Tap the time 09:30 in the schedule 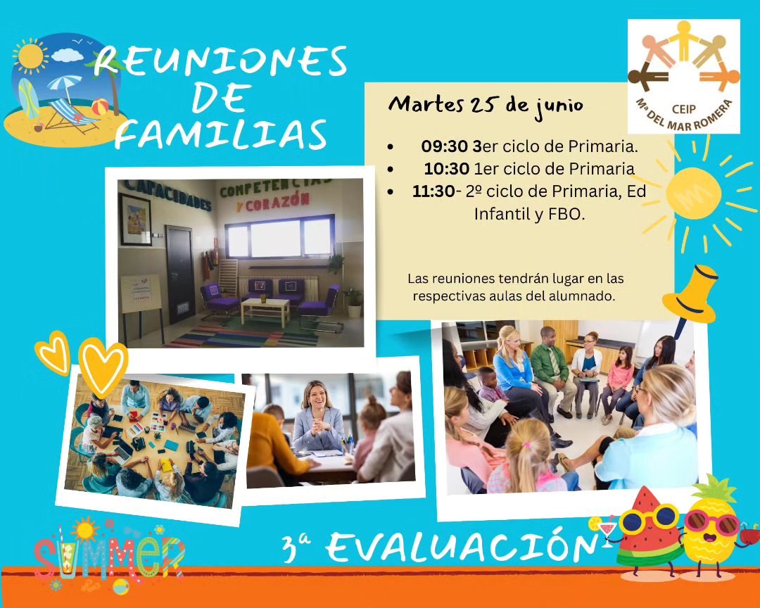tap(444, 146)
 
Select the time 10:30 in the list tap(446, 169)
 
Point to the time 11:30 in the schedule tap(433, 191)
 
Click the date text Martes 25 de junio tap(486, 106)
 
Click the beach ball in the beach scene tap(100, 107)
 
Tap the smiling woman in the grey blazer tap(318, 418)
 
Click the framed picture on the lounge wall tap(136, 220)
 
